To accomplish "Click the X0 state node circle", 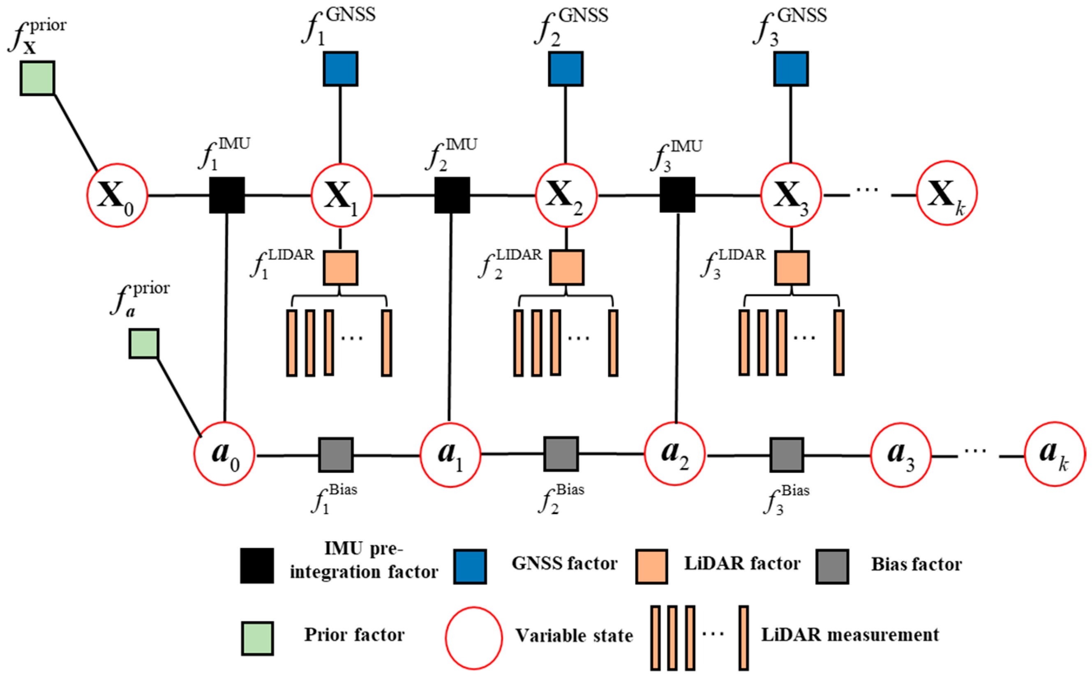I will point(117,195).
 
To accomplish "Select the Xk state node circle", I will point(946,193).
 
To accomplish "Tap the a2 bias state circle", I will point(675,454).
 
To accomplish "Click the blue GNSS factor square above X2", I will point(566,69).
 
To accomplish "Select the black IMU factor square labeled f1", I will point(227,195).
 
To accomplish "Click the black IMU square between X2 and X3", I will point(677,195).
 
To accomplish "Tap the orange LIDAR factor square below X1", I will point(340,268).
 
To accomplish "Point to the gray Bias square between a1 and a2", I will point(561,454).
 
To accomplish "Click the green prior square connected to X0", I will point(37,78).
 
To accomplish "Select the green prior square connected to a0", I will point(143,344).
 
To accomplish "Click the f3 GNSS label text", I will point(789,27).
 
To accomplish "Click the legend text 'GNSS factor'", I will point(564,564).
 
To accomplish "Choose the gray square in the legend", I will point(832,566).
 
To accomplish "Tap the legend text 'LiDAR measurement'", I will point(850,635).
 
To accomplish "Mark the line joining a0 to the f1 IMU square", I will point(226,318).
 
